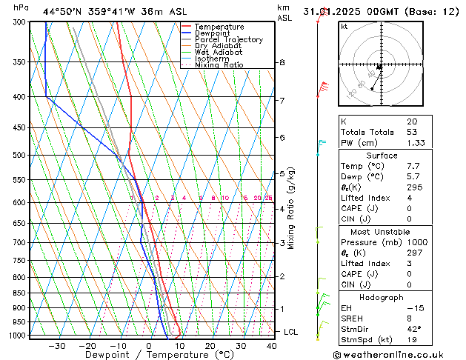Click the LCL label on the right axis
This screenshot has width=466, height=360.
click(x=291, y=332)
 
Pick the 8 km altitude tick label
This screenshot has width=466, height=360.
click(x=282, y=63)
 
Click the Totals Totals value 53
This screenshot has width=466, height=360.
click(x=411, y=131)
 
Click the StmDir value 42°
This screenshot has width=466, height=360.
click(x=413, y=329)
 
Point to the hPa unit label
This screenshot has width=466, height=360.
click(x=21, y=7)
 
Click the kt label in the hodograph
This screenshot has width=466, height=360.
click(x=344, y=26)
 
